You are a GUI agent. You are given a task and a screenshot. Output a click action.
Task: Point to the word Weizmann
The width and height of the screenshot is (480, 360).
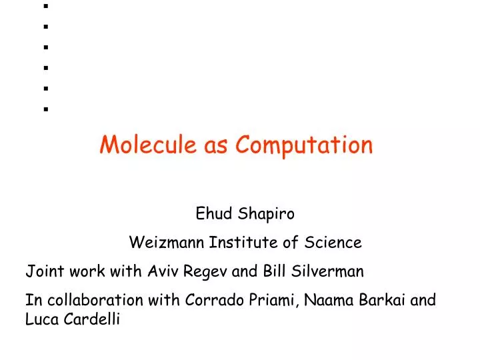[x=167, y=243]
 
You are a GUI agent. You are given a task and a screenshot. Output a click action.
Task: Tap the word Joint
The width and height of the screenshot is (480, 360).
[x=41, y=271]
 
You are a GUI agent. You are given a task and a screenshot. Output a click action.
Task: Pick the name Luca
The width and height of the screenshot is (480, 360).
[x=41, y=320]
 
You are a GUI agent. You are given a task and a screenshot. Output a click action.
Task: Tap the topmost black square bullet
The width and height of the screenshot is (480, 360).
[x=46, y=7]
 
